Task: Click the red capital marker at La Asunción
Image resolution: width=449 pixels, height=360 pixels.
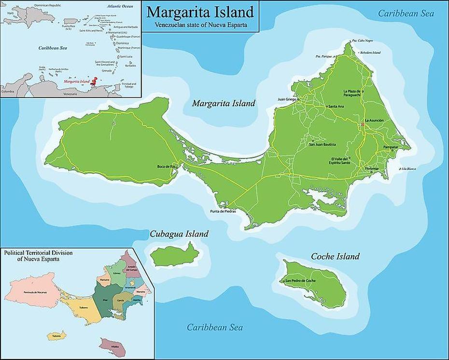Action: pyautogui.click(x=363, y=125)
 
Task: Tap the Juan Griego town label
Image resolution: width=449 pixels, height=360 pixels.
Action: pyautogui.click(x=287, y=100)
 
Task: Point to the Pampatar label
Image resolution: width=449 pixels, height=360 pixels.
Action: pyautogui.click(x=391, y=146)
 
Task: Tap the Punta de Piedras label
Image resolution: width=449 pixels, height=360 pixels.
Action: pyautogui.click(x=223, y=211)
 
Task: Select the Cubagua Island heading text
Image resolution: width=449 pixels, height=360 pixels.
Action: pyautogui.click(x=179, y=234)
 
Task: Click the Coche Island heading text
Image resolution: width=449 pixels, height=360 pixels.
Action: pyautogui.click(x=335, y=256)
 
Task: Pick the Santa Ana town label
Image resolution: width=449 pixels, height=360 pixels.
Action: pyautogui.click(x=336, y=106)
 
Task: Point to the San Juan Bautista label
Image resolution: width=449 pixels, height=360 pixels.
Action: pyautogui.click(x=323, y=144)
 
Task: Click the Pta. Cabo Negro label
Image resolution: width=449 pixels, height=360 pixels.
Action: pyautogui.click(x=362, y=41)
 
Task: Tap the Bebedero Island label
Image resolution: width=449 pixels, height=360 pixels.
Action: pyautogui.click(x=370, y=52)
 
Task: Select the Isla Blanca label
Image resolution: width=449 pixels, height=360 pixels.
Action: pyautogui.click(x=408, y=169)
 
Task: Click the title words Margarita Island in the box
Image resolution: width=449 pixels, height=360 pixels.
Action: pyautogui.click(x=200, y=12)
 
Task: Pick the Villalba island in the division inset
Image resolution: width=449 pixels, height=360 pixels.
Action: pyautogui.click(x=112, y=346)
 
